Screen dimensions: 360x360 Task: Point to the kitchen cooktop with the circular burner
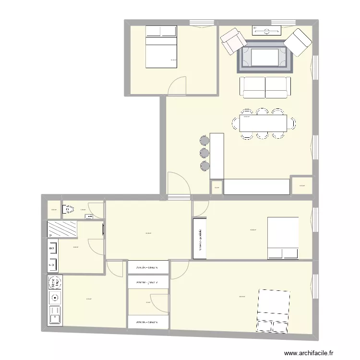pyautogui.click(x=54, y=298)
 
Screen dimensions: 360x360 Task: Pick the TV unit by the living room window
pyautogui.click(x=266, y=30)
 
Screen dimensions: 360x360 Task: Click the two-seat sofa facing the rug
pyautogui.click(x=265, y=87)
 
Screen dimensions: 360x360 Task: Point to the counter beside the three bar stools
pyautogui.click(x=217, y=155)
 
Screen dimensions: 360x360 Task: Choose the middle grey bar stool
pyautogui.click(x=205, y=153)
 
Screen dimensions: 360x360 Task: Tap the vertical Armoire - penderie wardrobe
pyautogui.click(x=200, y=239)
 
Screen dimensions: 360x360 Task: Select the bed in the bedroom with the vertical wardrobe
pyautogui.click(x=283, y=238)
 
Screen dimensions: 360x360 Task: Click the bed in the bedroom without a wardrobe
pyautogui.click(x=161, y=47)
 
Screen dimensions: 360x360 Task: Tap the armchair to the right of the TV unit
pyautogui.click(x=298, y=42)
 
